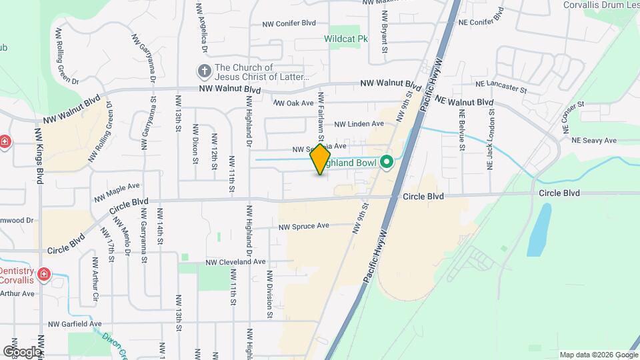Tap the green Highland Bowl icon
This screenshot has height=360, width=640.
(x=386, y=162)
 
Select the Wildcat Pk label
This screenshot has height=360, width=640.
(x=346, y=39)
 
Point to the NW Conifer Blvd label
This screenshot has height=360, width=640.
(x=289, y=23)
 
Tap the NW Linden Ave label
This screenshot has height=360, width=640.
(x=359, y=124)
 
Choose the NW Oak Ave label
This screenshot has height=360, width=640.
(x=293, y=103)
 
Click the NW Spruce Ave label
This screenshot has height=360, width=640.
(x=304, y=227)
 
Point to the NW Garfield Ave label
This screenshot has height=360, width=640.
(x=75, y=324)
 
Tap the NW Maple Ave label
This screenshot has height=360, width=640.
(x=117, y=192)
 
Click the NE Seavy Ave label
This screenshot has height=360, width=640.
(x=594, y=140)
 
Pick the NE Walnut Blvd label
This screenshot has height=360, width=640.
(x=464, y=102)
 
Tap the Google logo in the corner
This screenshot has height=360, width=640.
(x=22, y=351)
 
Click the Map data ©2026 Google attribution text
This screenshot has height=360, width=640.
(x=598, y=355)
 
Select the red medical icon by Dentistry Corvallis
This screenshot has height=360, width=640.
(x=44, y=275)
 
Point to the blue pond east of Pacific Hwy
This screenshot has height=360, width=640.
(x=539, y=229)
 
